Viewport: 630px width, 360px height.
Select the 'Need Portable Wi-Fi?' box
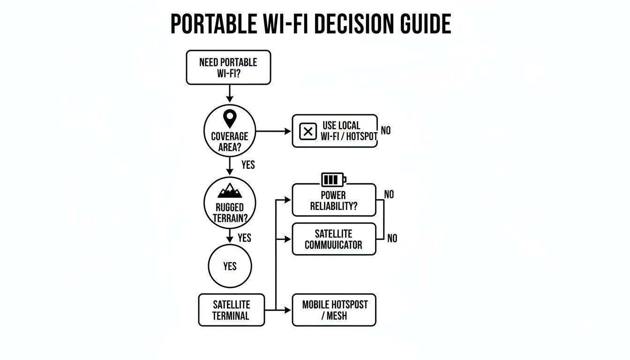228,67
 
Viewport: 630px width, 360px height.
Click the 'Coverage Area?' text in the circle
229,142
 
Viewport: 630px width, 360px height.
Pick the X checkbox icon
307,132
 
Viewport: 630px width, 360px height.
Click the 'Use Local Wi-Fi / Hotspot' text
349,131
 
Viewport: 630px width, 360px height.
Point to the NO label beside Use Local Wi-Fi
385,131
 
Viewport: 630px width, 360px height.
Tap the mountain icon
230,191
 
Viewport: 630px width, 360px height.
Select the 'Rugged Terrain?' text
230,212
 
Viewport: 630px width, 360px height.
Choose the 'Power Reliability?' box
334,200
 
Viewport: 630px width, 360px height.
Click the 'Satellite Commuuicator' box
334,239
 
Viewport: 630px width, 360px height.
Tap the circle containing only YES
230,266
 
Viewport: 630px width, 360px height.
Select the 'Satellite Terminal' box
231,310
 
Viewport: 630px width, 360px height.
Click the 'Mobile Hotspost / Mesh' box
334,310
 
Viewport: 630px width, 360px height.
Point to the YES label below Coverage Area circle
248,165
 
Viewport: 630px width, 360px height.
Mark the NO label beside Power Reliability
389,194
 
